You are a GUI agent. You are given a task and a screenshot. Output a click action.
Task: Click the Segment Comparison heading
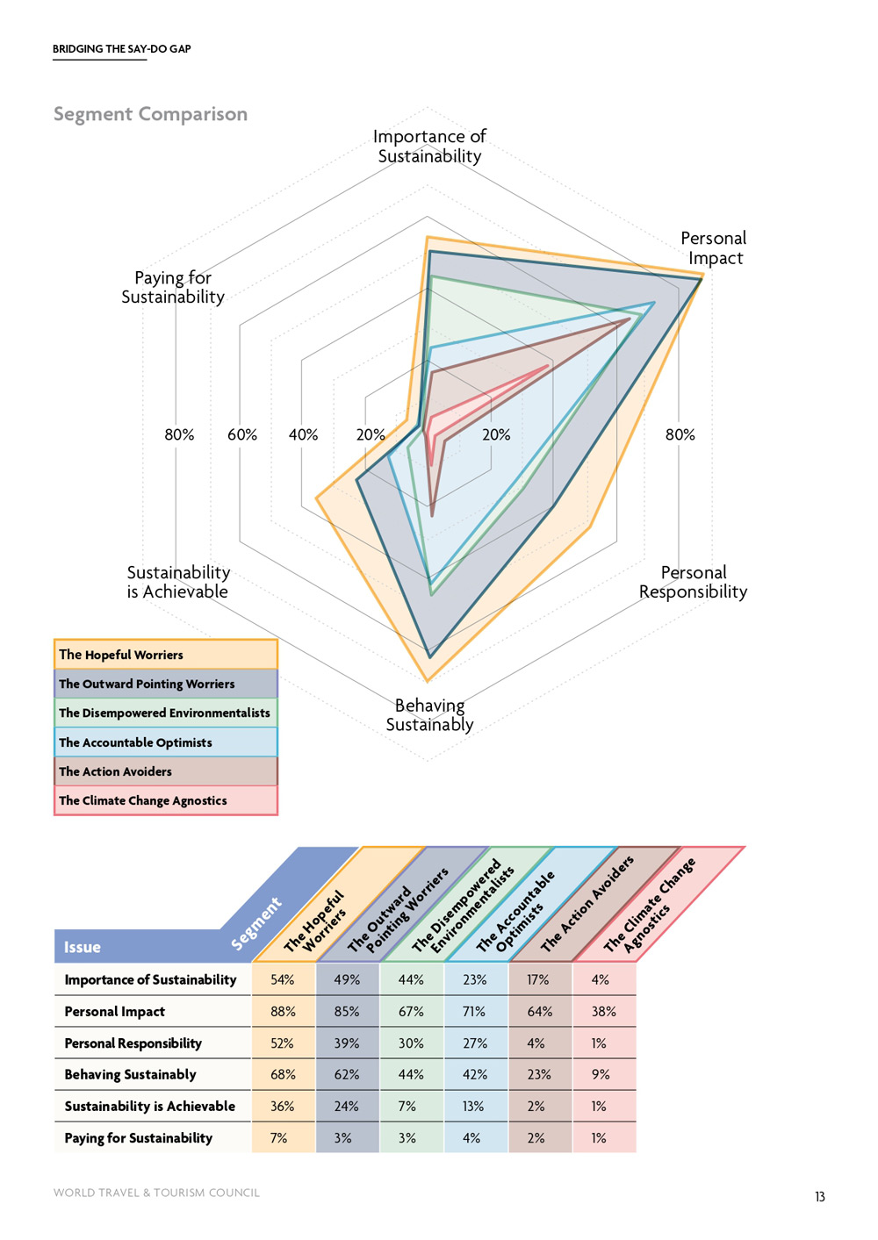pyautogui.click(x=150, y=114)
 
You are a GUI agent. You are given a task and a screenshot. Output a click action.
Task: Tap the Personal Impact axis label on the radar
pyautogui.click(x=714, y=248)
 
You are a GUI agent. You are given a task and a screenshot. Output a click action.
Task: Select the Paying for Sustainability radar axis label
pyautogui.click(x=173, y=287)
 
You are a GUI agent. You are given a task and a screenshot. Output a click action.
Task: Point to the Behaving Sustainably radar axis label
pyautogui.click(x=429, y=714)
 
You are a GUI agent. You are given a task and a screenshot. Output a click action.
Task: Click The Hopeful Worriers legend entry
pyautogui.click(x=165, y=655)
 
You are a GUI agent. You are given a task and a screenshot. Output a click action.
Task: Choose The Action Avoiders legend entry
pyautogui.click(x=165, y=771)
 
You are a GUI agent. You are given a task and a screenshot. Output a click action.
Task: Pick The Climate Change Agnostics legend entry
pyautogui.click(x=165, y=800)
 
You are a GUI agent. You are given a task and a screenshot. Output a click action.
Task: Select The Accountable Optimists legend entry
pyautogui.click(x=165, y=742)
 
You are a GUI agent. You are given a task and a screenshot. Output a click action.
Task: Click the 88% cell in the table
pyautogui.click(x=283, y=1011)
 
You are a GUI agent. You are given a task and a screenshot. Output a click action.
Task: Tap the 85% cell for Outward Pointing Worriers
pyautogui.click(x=347, y=1011)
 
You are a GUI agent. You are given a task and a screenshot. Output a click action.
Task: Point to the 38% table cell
pyautogui.click(x=603, y=1011)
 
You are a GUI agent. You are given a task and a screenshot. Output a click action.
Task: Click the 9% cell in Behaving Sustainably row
pyautogui.click(x=601, y=1074)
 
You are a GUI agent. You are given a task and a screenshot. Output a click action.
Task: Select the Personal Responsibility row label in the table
pyautogui.click(x=133, y=1043)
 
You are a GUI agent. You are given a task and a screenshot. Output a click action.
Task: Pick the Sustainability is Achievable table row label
pyautogui.click(x=150, y=1107)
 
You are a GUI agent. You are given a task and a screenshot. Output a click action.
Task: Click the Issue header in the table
pyautogui.click(x=83, y=947)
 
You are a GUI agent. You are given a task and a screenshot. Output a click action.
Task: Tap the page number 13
pyautogui.click(x=819, y=1196)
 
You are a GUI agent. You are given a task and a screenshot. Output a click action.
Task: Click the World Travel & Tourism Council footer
pyautogui.click(x=156, y=1193)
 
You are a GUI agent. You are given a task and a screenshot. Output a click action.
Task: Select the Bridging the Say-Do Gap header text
pyautogui.click(x=122, y=49)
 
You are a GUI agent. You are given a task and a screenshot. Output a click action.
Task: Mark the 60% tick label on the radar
pyautogui.click(x=242, y=434)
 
